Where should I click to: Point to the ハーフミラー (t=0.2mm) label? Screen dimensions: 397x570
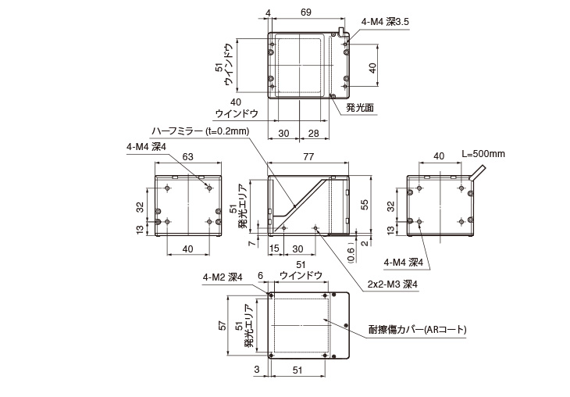coord(200,131)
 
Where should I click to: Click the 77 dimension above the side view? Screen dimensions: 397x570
coord(308,157)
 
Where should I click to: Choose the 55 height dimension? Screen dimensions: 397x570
coord(363,204)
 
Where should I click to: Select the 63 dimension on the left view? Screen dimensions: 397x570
coord(187,157)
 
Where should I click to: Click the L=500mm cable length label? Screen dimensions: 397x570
coord(483,153)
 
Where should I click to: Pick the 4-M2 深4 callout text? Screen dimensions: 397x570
coord(223,276)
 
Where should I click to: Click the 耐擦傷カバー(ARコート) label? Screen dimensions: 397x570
coord(418,331)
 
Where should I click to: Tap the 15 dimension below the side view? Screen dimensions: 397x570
coord(274,249)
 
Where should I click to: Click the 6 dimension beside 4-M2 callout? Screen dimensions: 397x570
coord(260,276)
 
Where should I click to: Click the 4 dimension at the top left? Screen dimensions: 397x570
coord(268,13)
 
